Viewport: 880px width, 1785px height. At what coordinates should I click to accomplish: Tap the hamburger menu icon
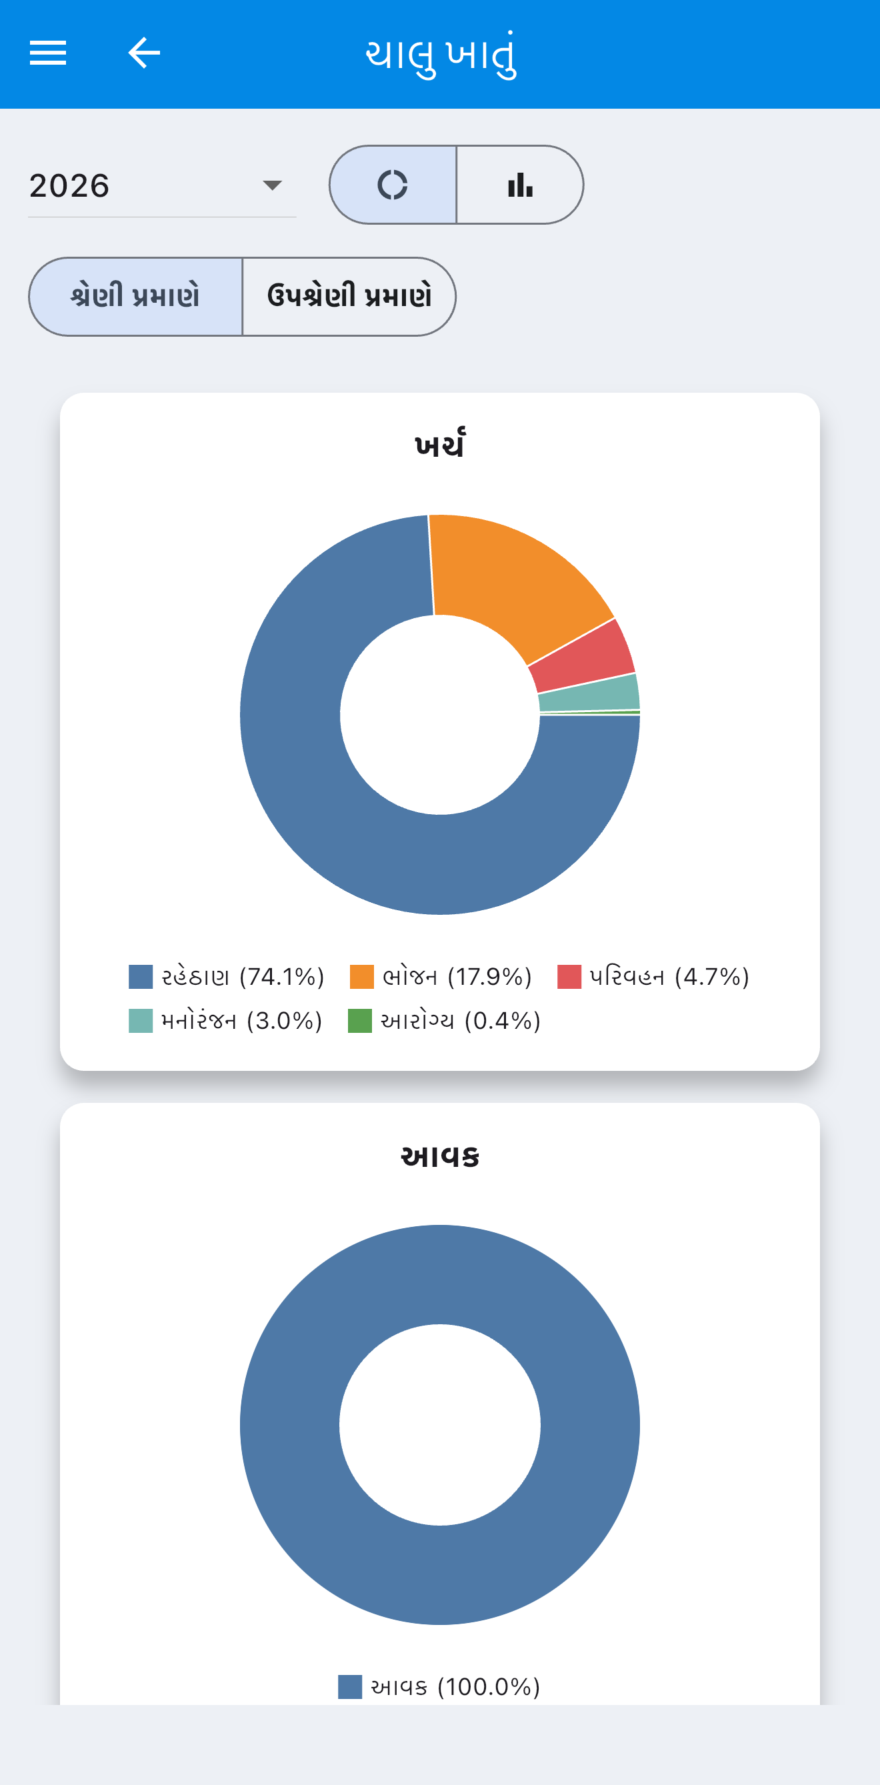[x=48, y=53]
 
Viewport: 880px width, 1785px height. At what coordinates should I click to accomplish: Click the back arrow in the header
[x=144, y=53]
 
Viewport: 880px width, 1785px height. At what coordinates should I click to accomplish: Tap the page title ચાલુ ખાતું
[x=441, y=54]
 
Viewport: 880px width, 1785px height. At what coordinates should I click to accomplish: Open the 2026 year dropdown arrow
[x=272, y=185]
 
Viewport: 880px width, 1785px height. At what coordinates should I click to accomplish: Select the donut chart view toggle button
[x=393, y=185]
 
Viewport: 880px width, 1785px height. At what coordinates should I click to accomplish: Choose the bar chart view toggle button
[x=520, y=185]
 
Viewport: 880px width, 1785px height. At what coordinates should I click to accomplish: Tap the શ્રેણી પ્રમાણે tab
[x=136, y=297]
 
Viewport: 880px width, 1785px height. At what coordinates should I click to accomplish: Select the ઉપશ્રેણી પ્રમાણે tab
[x=349, y=297]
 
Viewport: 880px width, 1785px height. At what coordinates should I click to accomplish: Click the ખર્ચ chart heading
[x=440, y=444]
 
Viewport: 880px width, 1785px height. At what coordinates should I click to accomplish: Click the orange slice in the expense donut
[x=513, y=582]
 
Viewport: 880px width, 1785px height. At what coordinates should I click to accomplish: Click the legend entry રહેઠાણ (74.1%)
[x=227, y=976]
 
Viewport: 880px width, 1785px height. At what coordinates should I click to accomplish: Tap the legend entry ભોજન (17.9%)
[x=441, y=976]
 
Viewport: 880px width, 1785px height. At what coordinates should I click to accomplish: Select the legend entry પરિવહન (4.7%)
[x=653, y=976]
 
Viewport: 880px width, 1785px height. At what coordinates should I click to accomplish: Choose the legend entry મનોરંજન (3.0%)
[x=226, y=1021]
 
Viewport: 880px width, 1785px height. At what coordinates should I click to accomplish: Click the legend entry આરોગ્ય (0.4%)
[x=444, y=1021]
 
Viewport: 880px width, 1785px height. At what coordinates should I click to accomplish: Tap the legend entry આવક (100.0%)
[x=439, y=1686]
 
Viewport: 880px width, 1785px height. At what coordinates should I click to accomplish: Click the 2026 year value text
[x=69, y=186]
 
